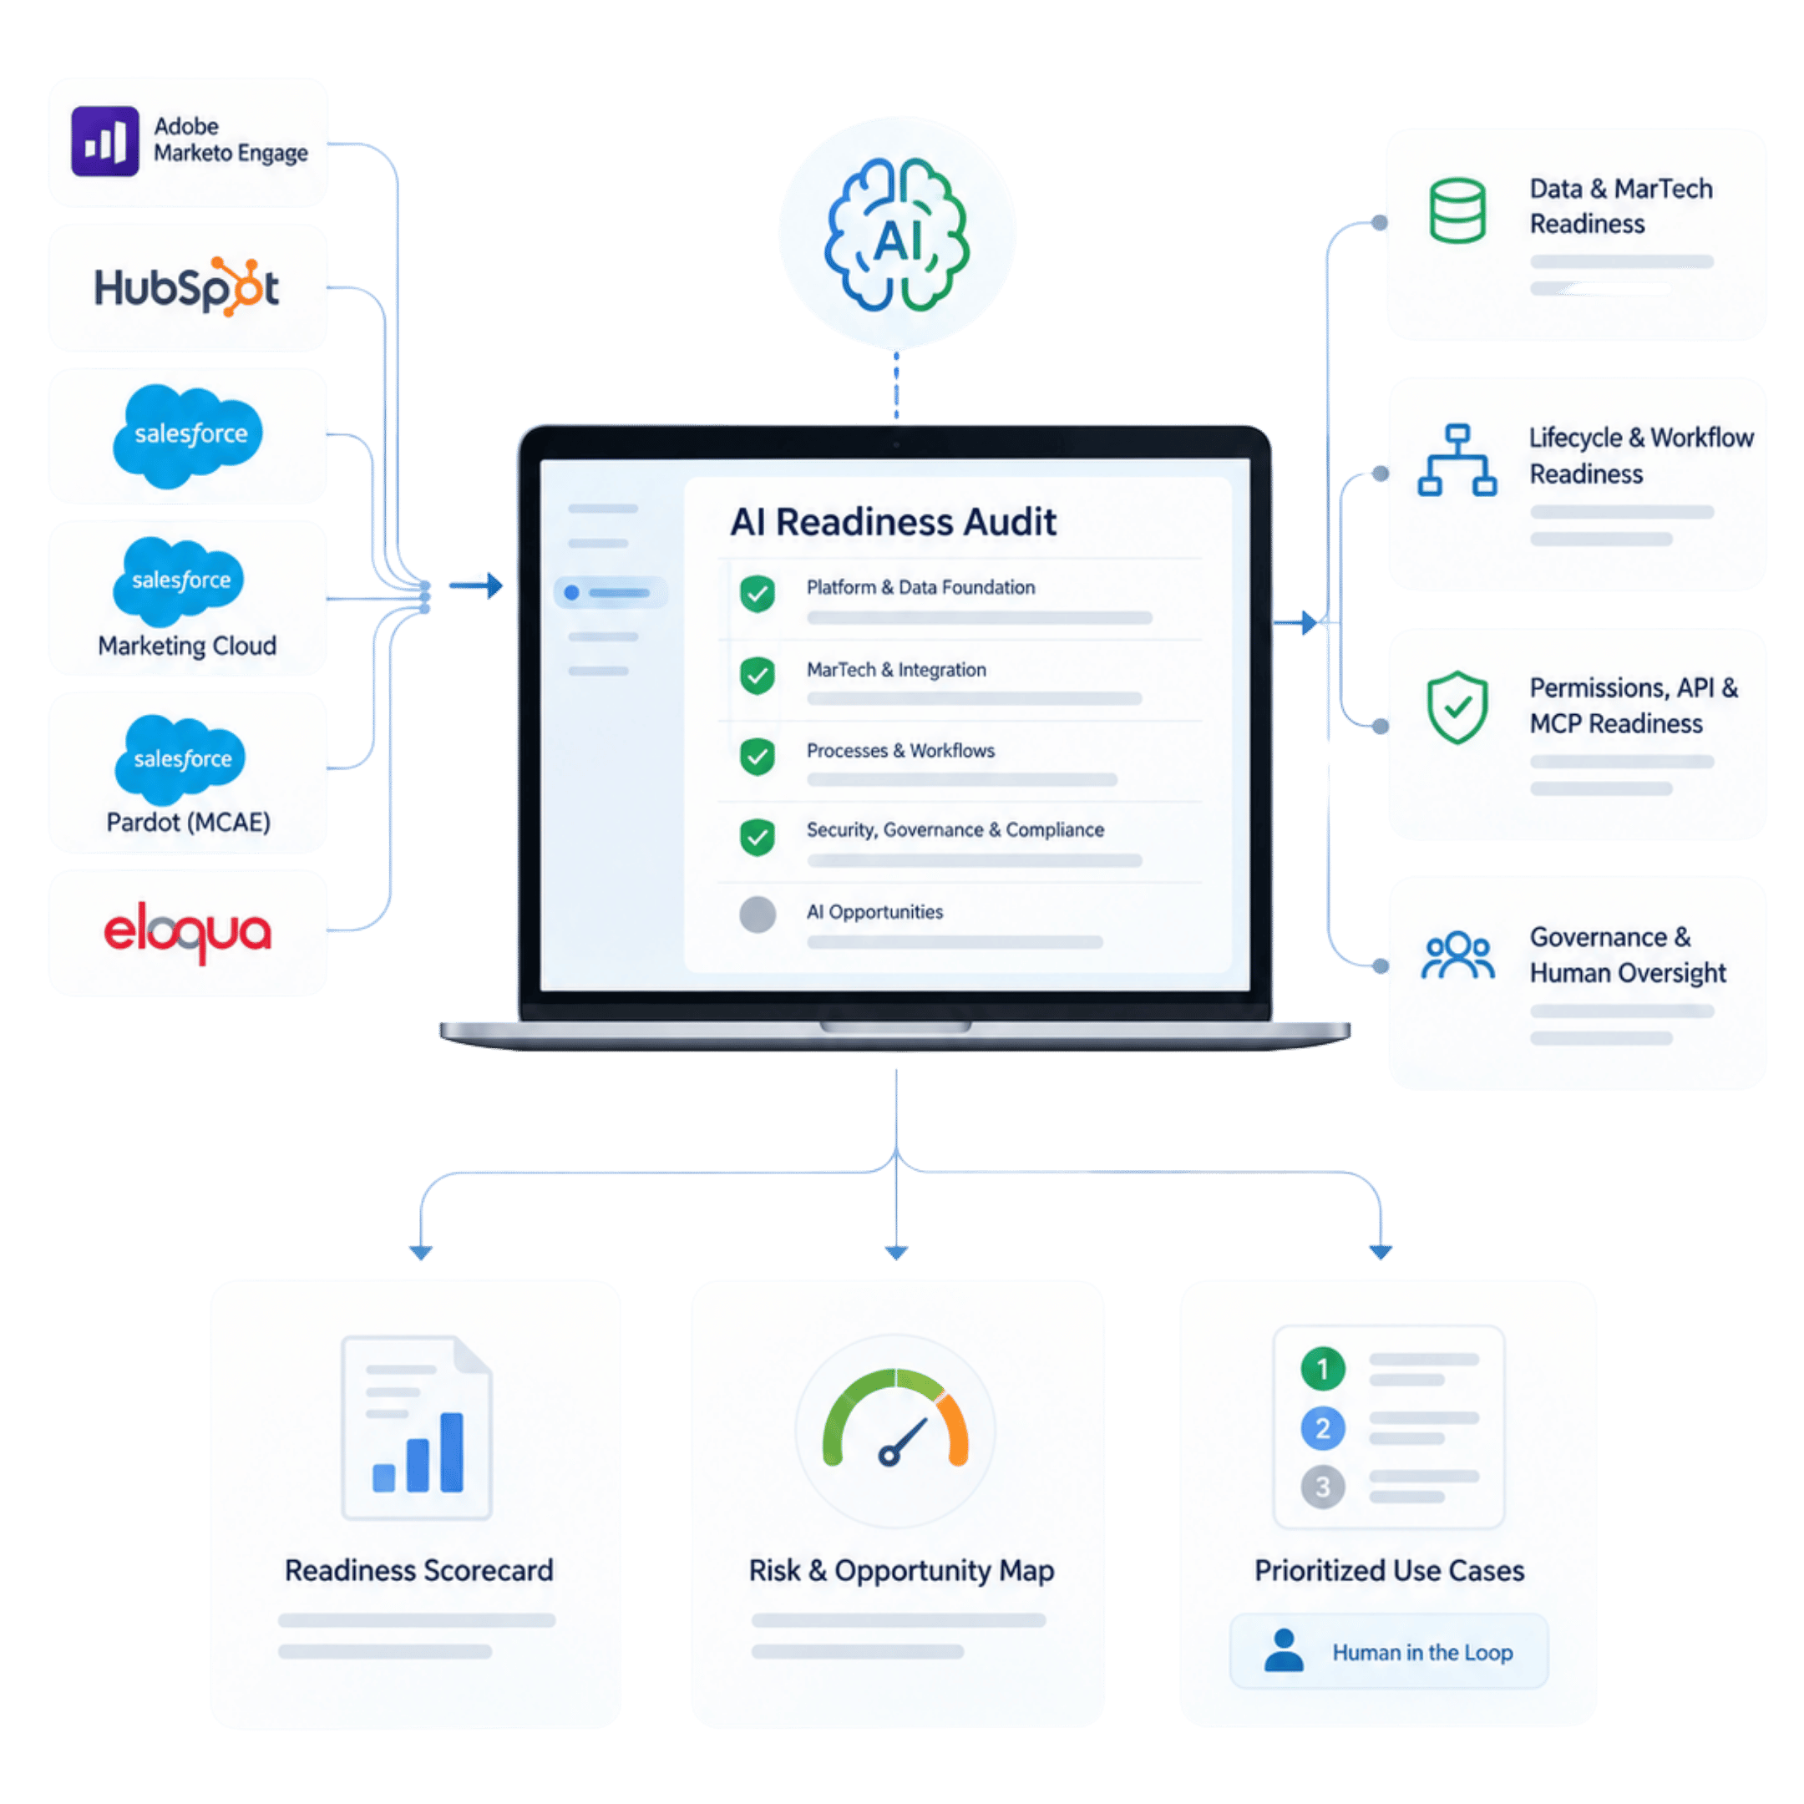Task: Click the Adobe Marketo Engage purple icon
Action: click(x=104, y=141)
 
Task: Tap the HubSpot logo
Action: click(x=187, y=286)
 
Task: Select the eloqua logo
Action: click(x=188, y=931)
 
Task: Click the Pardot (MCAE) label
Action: click(x=189, y=822)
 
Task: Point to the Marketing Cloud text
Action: click(x=188, y=646)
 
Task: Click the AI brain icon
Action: click(x=896, y=235)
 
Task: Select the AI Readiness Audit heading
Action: click(x=893, y=522)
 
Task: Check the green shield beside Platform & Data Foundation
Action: click(x=758, y=593)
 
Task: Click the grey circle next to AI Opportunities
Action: click(x=758, y=915)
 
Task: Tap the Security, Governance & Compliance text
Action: click(x=955, y=829)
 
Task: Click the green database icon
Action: click(x=1457, y=210)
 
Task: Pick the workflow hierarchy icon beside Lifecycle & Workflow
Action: click(x=1457, y=459)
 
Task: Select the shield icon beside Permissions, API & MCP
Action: click(x=1457, y=707)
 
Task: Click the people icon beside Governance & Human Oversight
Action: click(x=1457, y=955)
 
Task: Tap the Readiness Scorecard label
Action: click(x=419, y=1570)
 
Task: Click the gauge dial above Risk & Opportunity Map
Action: click(x=894, y=1419)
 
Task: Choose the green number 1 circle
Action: click(x=1322, y=1370)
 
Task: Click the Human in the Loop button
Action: click(x=1388, y=1652)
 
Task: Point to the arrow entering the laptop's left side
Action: click(x=476, y=585)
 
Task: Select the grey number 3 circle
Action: click(x=1322, y=1487)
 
